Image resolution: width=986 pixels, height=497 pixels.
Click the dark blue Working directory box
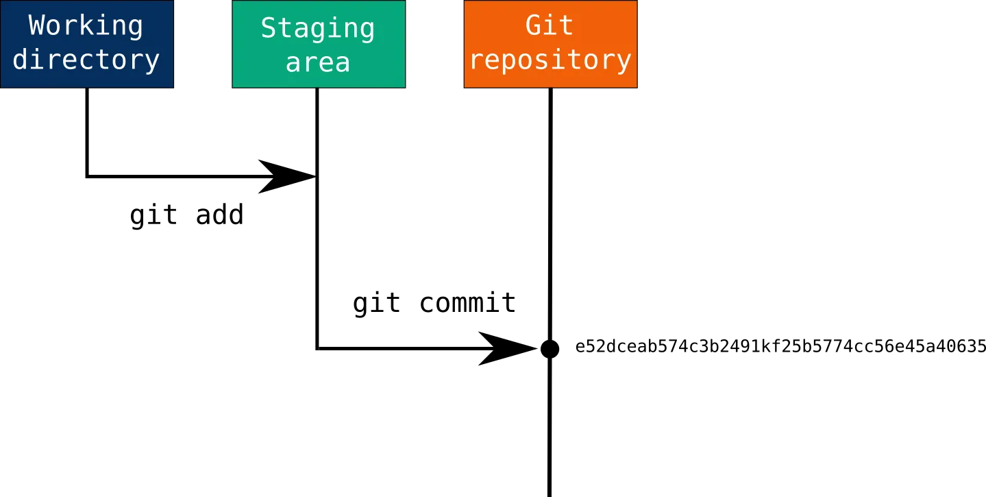[87, 44]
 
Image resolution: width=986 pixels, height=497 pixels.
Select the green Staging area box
[318, 44]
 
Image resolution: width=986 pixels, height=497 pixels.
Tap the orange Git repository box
[550, 44]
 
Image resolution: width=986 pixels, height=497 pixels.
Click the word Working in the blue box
[86, 26]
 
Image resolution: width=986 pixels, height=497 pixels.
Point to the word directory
[86, 60]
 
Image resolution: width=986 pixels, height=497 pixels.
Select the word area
[318, 62]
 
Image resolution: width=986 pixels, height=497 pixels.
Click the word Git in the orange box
[550, 25]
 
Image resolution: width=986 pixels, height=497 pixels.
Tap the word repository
[550, 60]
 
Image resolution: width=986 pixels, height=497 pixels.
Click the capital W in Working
[37, 26]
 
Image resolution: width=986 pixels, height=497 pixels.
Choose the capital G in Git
[534, 25]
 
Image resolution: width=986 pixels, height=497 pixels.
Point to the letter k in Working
[86, 26]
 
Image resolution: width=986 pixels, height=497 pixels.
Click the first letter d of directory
[21, 60]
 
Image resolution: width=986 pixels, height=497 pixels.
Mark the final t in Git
[567, 25]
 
